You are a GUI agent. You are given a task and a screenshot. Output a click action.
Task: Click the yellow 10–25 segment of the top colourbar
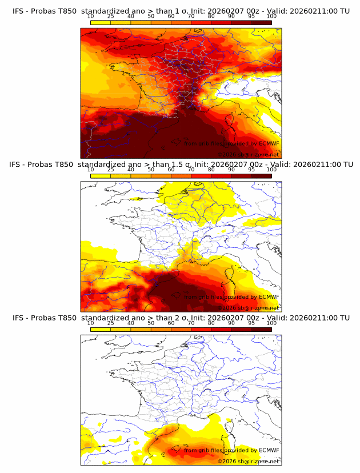tap(101, 23)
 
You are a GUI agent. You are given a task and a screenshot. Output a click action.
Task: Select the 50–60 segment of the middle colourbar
tap(161, 176)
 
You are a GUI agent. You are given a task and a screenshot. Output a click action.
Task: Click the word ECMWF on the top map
tap(269, 144)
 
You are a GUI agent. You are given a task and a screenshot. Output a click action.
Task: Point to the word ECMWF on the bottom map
tap(269, 450)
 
